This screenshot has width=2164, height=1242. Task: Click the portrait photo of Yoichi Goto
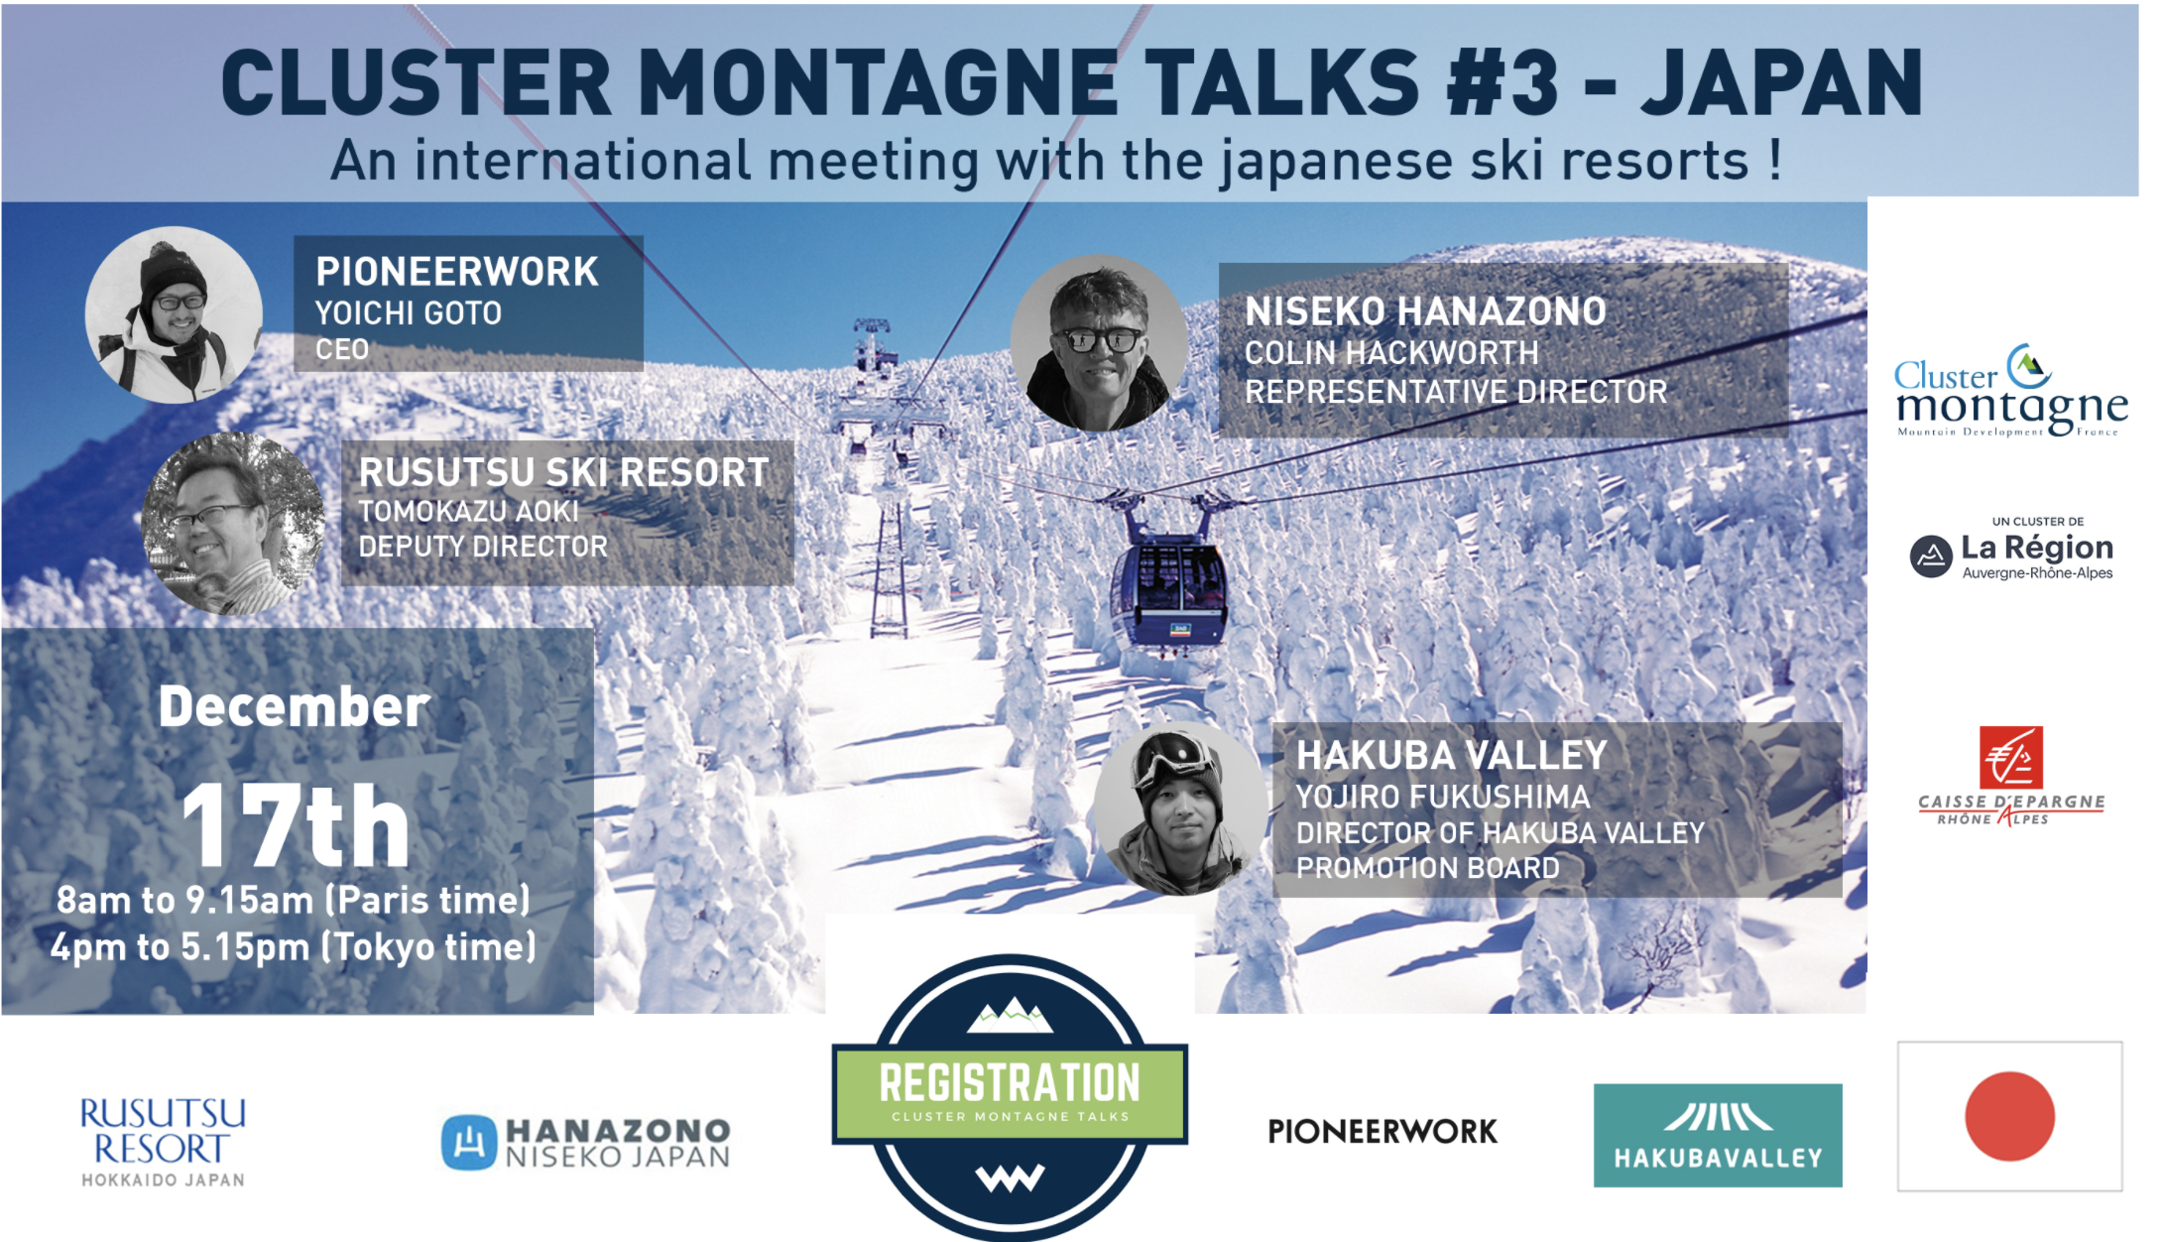175,314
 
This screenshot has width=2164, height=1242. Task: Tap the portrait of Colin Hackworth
1100,343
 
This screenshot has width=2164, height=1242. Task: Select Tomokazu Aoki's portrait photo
233,524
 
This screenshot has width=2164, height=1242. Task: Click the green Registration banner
1011,1092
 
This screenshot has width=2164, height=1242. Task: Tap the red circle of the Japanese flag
2009,1116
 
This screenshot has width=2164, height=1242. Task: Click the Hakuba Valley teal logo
1718,1135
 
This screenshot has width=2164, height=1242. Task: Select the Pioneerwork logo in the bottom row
1383,1131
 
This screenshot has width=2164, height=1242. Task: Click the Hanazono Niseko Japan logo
586,1143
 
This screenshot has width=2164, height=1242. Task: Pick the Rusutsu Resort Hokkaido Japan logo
163,1141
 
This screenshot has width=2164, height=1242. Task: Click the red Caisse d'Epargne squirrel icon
2011,758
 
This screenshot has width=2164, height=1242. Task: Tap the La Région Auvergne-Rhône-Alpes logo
2012,551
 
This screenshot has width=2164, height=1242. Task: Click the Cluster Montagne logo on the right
2011,391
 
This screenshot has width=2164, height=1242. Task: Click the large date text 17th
296,825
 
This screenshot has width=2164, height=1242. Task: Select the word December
294,706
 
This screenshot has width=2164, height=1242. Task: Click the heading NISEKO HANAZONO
1425,311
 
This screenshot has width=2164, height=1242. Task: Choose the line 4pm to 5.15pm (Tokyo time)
294,946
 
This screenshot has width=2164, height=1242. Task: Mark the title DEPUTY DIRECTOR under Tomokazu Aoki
483,547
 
